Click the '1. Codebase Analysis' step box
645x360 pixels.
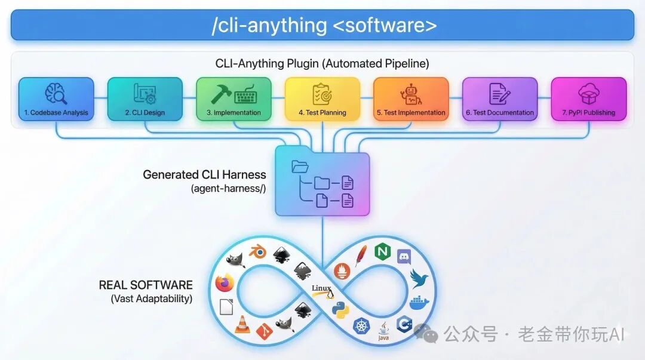coord(56,99)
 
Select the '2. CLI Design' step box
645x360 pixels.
coord(145,99)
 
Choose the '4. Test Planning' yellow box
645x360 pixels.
coord(322,99)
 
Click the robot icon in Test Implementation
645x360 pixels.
coord(411,94)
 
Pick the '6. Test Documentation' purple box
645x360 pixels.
coord(500,99)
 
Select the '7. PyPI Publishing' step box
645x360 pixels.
coord(588,99)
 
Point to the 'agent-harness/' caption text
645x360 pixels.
coord(228,189)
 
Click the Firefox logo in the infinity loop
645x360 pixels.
coord(225,283)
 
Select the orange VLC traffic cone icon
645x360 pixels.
coord(242,324)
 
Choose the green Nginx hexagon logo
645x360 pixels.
coord(382,252)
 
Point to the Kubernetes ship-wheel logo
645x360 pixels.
coord(362,326)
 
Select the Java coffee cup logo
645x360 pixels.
coord(384,330)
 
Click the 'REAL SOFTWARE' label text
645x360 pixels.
coord(146,285)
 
